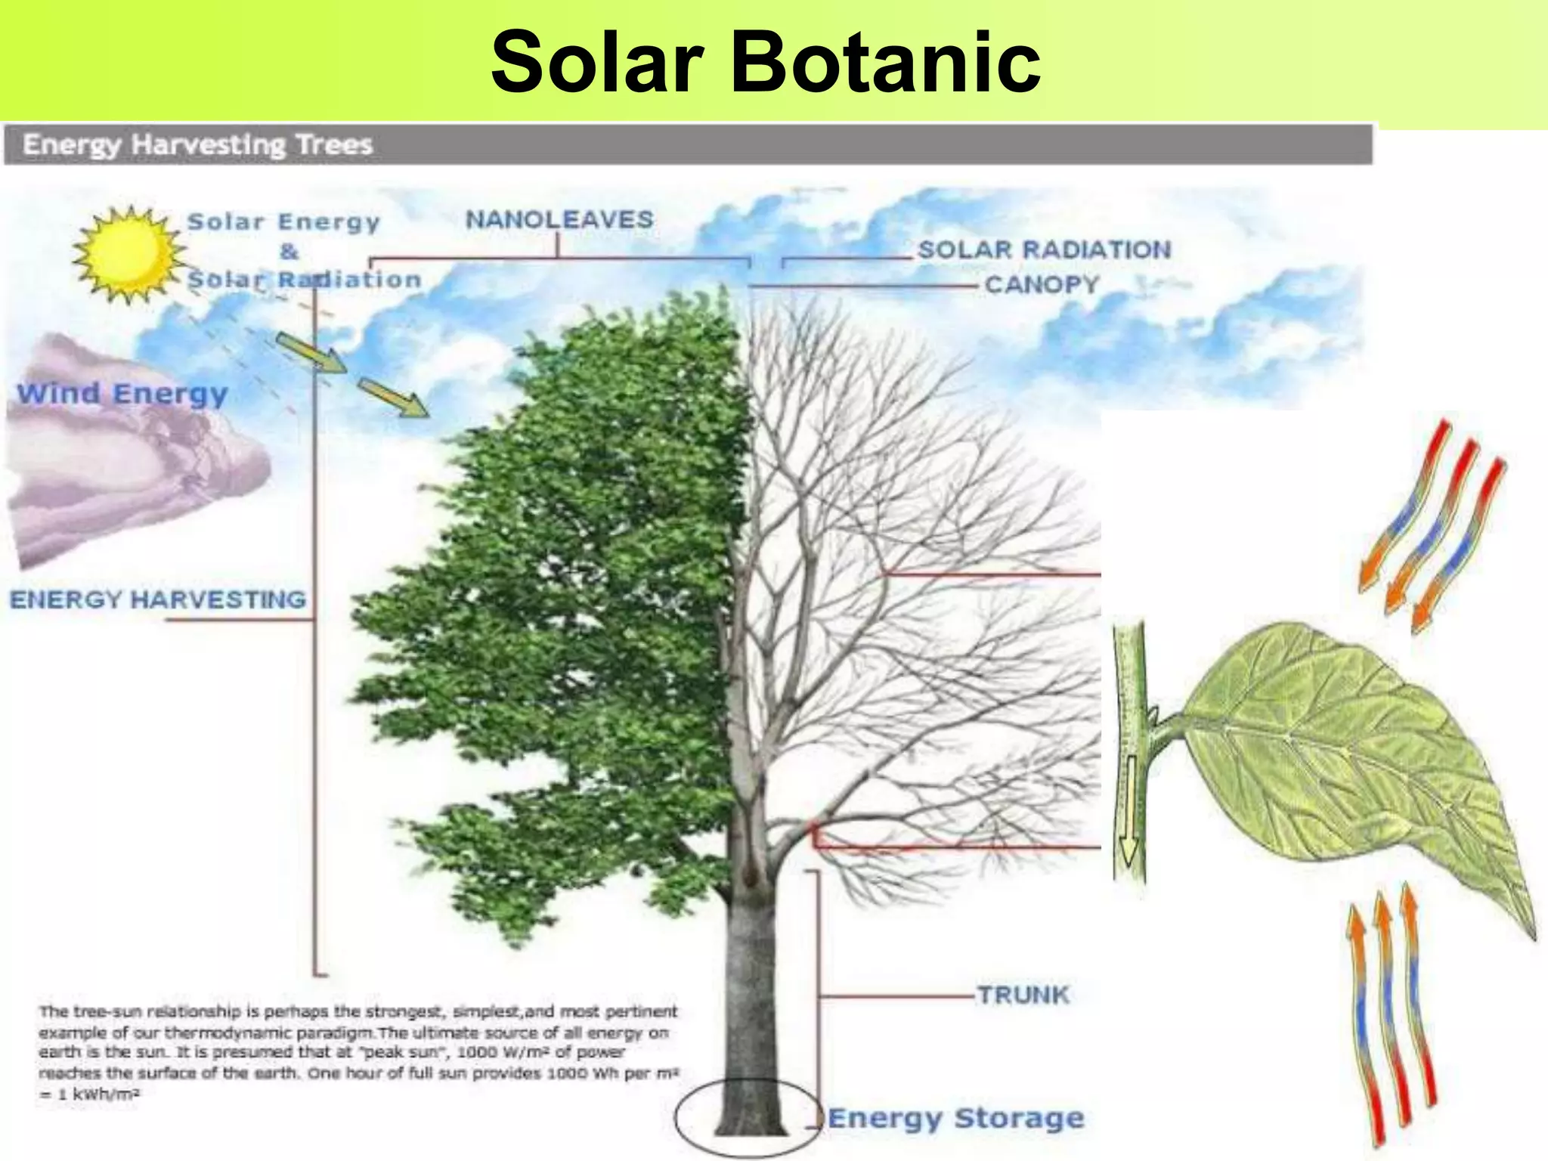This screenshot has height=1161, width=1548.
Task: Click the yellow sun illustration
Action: pyautogui.click(x=128, y=252)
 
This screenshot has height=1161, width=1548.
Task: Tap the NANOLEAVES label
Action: pyautogui.click(x=559, y=220)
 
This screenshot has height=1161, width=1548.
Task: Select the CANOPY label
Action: pyautogui.click(x=1042, y=285)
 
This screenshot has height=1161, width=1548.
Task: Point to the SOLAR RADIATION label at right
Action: pyautogui.click(x=1044, y=249)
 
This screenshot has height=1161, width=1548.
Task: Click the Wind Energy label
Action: pyautogui.click(x=122, y=394)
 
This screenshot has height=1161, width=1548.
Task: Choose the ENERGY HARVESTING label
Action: pyautogui.click(x=158, y=599)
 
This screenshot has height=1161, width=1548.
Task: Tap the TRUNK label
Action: pyautogui.click(x=1023, y=995)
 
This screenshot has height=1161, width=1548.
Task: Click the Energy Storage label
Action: pyautogui.click(x=956, y=1118)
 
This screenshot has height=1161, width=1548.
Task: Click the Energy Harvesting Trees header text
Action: pyautogui.click(x=197, y=144)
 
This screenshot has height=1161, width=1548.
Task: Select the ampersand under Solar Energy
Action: pyautogui.click(x=289, y=251)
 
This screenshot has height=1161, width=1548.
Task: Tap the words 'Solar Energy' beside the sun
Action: pyautogui.click(x=283, y=222)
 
